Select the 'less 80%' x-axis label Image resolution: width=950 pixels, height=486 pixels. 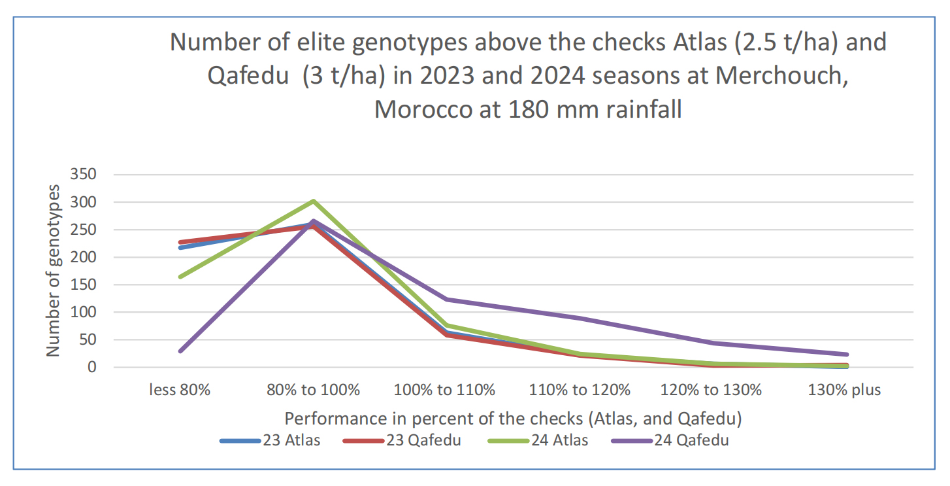[x=180, y=391]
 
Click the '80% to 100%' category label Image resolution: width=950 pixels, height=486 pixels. [x=314, y=391]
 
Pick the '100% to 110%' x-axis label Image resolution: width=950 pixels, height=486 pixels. [x=444, y=391]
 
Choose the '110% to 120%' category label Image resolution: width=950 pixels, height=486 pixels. [x=580, y=391]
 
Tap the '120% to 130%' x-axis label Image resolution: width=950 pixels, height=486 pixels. [x=712, y=391]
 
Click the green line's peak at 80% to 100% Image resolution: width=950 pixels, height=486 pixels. [x=314, y=201]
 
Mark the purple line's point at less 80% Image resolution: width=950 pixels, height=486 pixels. [x=180, y=351]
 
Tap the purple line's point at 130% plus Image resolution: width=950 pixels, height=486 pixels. [x=847, y=355]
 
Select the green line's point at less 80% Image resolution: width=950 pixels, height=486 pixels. [x=180, y=277]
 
